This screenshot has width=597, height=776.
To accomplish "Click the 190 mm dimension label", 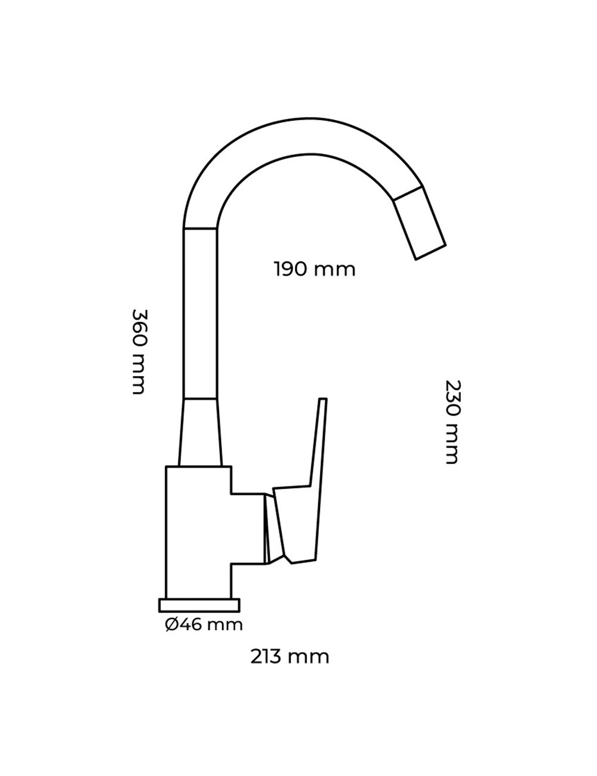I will [315, 269].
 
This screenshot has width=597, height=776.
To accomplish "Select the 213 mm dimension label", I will [290, 657].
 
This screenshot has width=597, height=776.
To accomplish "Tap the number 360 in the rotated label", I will [139, 328].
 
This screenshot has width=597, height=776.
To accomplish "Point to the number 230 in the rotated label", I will [452, 399].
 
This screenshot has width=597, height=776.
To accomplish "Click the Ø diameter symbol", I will [171, 625].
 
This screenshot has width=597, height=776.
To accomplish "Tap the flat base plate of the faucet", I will [199, 605].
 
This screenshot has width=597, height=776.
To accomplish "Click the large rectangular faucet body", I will [197, 531].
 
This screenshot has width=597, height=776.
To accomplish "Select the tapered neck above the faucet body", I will [200, 432].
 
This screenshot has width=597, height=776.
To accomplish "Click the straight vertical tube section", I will [200, 313].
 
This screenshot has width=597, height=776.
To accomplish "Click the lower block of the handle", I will [296, 525].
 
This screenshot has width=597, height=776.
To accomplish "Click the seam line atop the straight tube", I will [200, 229].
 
